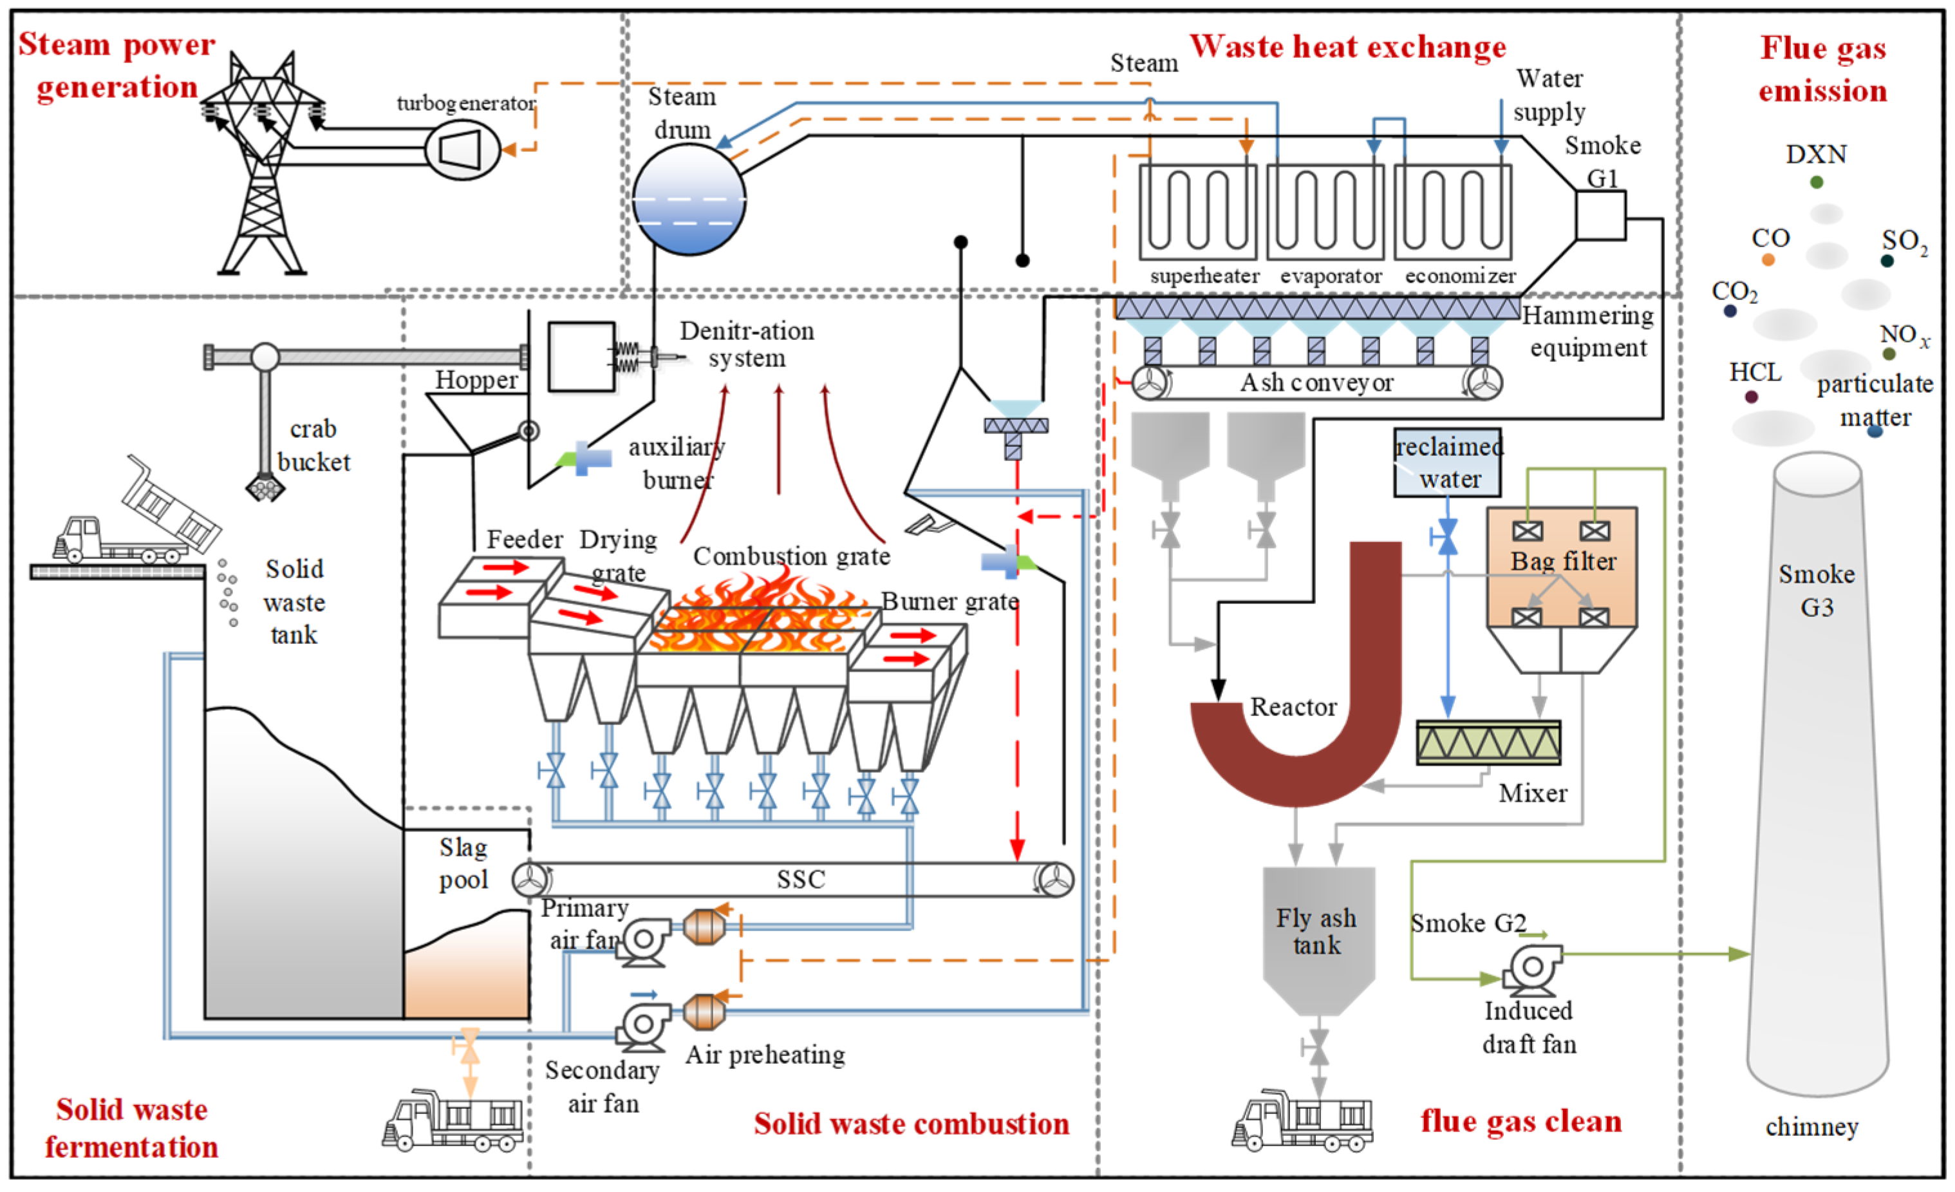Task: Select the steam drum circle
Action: [x=689, y=198]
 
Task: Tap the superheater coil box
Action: [x=1197, y=212]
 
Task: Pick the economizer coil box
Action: [x=1453, y=212]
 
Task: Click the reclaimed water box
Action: [x=1448, y=462]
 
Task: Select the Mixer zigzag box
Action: [x=1488, y=743]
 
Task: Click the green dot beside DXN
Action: [x=1816, y=182]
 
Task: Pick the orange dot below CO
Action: [x=1768, y=260]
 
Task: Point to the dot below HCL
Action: [x=1751, y=397]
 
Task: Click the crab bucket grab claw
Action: [x=265, y=486]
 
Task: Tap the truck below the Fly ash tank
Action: [x=1302, y=1121]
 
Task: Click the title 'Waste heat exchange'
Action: [x=1347, y=47]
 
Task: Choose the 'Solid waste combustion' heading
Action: [x=912, y=1124]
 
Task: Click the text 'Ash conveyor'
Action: [x=1317, y=383]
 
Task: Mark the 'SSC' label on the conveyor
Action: [x=801, y=879]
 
